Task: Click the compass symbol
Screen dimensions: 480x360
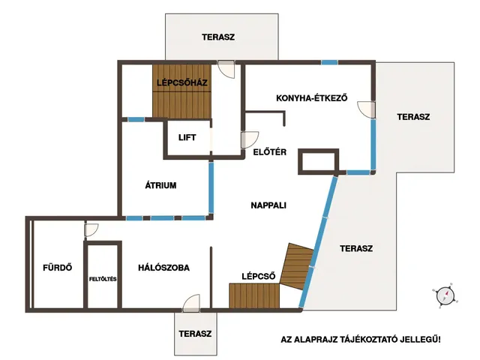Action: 445,295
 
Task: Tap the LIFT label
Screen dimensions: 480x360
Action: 187,137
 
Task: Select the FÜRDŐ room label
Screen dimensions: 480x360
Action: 58,268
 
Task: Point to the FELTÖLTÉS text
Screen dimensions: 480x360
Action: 103,279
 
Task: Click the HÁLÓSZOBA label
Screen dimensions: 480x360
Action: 163,268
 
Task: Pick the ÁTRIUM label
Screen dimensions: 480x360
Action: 160,185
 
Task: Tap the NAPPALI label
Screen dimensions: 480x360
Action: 268,205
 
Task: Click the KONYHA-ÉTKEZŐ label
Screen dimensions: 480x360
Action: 312,98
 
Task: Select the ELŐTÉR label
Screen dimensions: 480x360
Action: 270,151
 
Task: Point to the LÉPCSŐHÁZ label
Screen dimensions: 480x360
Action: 182,82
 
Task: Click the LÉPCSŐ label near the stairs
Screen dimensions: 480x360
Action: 258,277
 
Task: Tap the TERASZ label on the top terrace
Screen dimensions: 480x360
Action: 218,37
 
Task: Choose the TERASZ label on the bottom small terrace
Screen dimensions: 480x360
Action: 195,333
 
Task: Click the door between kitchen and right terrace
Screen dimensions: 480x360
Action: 367,109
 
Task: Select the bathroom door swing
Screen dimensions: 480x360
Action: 91,230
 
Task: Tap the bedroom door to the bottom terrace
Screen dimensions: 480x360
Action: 191,303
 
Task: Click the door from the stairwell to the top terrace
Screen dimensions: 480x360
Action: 226,69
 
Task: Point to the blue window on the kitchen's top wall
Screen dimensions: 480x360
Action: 329,62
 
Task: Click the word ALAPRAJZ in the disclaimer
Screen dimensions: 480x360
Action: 317,340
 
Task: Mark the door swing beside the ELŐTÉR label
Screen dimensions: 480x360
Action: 250,140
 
